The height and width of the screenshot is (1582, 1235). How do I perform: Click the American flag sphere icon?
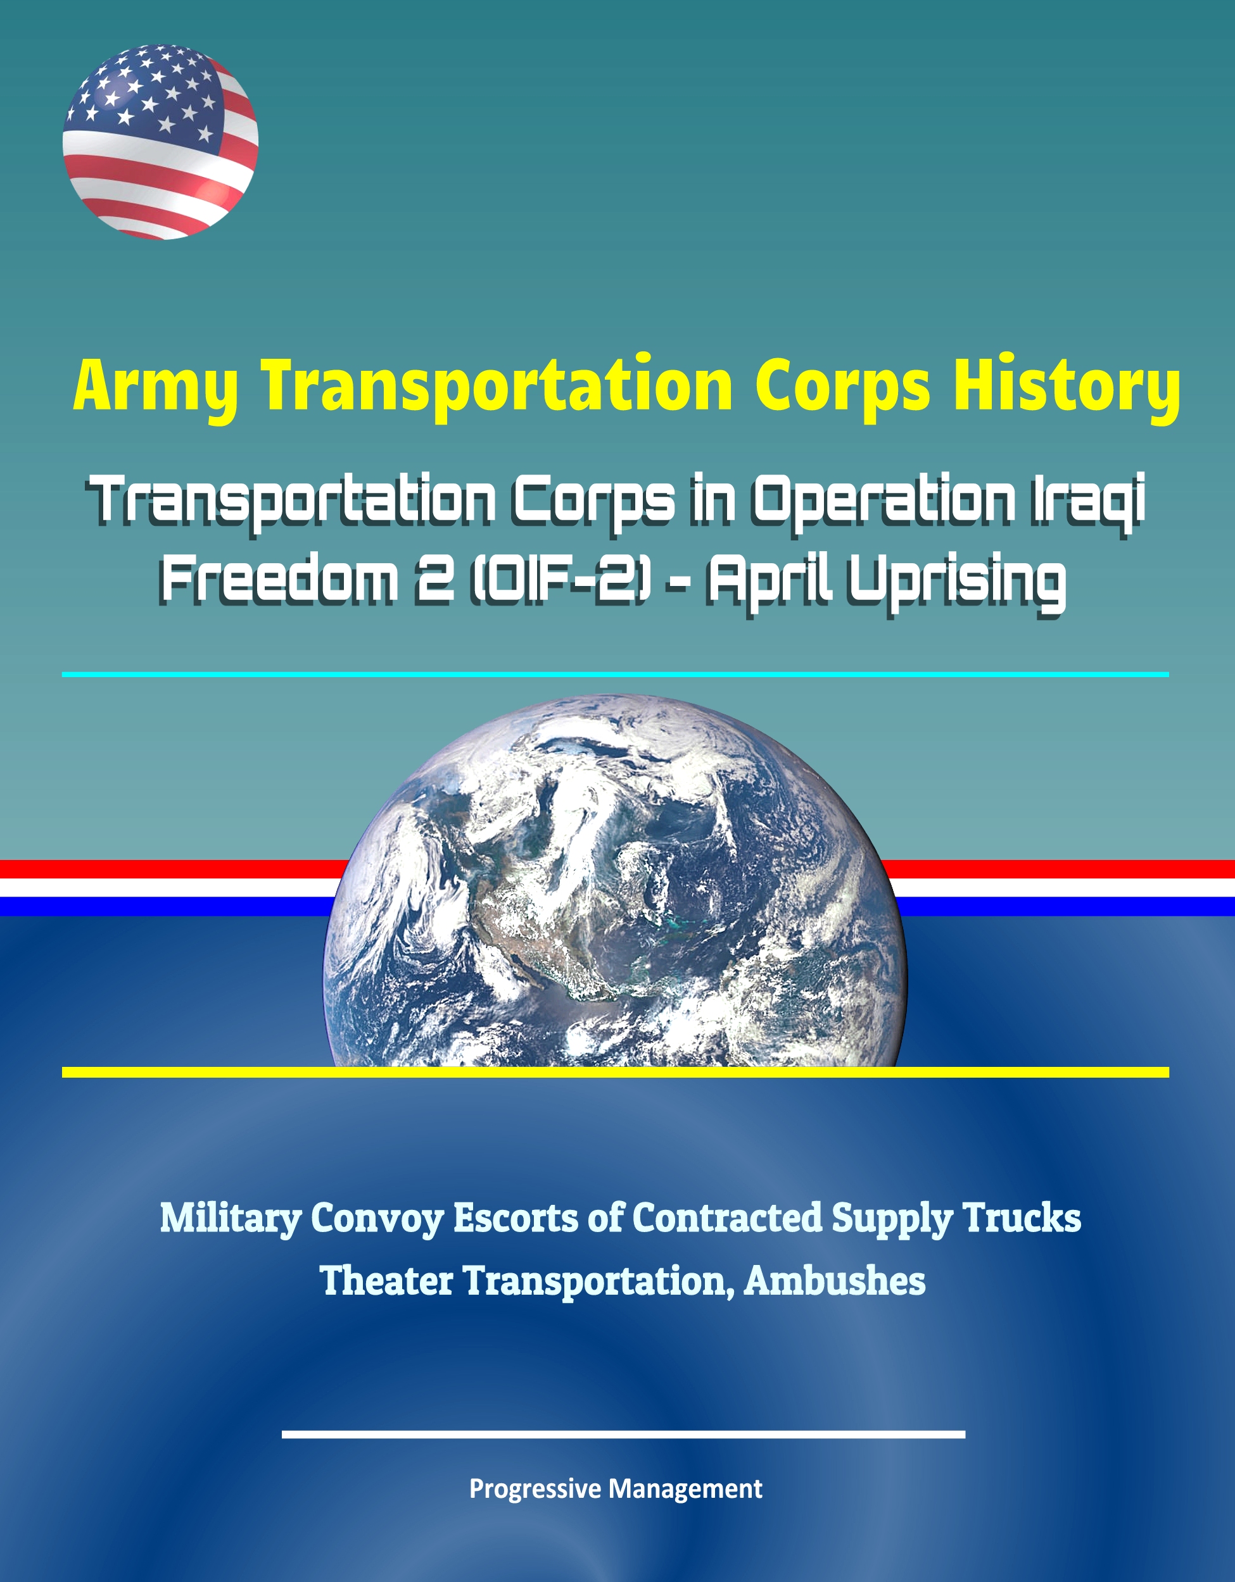click(160, 141)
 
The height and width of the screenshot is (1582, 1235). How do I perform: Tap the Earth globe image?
click(614, 880)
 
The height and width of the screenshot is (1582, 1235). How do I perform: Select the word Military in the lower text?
click(231, 1220)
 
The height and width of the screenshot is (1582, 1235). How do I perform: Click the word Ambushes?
click(834, 1281)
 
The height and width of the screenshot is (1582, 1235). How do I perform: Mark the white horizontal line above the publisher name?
click(623, 1433)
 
